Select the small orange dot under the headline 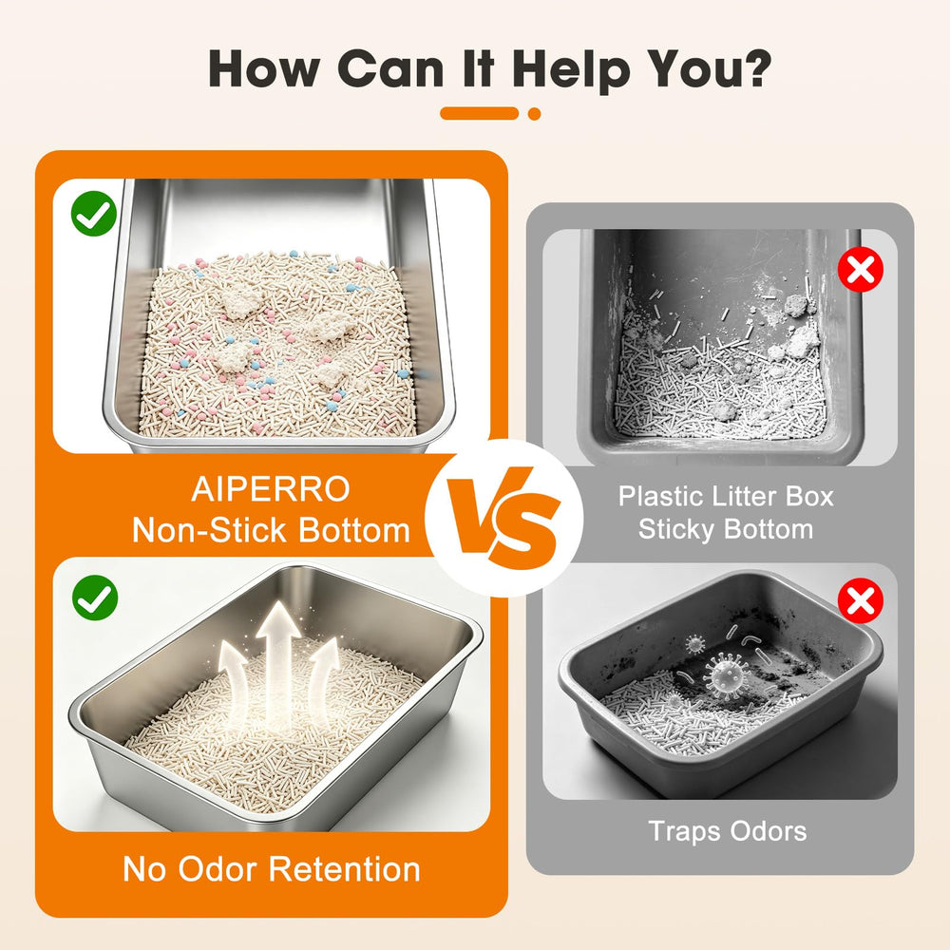click(x=534, y=113)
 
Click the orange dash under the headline click(x=479, y=113)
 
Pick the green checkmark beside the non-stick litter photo click(x=94, y=213)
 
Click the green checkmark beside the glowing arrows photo click(x=94, y=598)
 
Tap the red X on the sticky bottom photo click(x=861, y=270)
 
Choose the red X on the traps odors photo click(x=861, y=600)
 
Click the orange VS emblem click(x=503, y=518)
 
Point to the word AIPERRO click(x=271, y=489)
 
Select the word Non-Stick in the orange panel click(x=209, y=530)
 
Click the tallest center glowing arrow click(x=277, y=660)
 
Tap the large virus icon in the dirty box click(x=726, y=673)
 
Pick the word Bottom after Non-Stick click(x=354, y=530)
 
